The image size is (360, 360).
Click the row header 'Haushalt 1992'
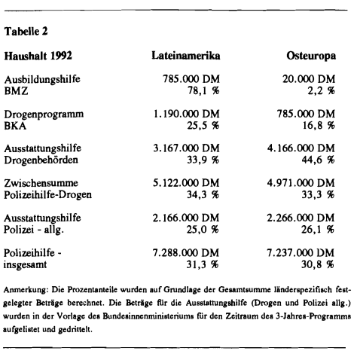pyautogui.click(x=38, y=57)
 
